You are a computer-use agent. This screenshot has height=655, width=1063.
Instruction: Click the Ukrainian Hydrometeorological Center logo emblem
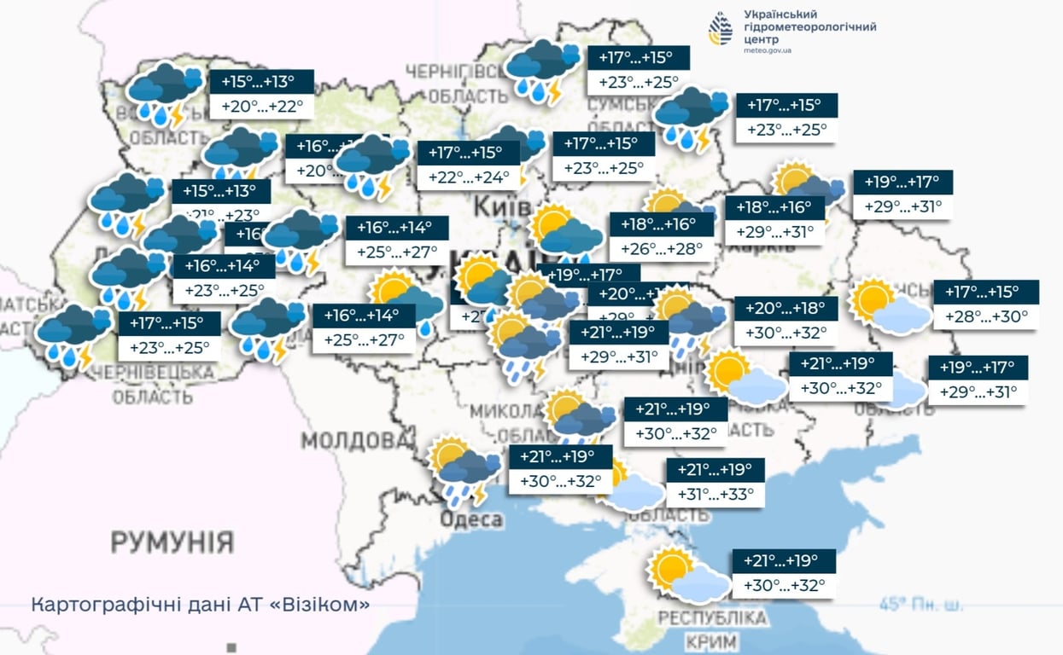click(721, 29)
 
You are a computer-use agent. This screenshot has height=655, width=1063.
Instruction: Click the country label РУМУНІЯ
click(172, 541)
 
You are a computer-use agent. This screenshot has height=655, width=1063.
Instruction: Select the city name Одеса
click(471, 520)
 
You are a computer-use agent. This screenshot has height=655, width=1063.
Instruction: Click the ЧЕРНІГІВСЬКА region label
click(457, 71)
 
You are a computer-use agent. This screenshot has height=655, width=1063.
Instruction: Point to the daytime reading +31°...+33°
click(715, 495)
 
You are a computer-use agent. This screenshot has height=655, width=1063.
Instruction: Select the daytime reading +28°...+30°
click(986, 316)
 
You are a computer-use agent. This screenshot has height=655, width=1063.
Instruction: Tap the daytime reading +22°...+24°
click(468, 177)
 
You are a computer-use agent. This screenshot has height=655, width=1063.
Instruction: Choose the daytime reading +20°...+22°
click(261, 107)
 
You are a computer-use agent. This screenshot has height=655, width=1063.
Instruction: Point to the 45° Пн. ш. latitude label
click(922, 605)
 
